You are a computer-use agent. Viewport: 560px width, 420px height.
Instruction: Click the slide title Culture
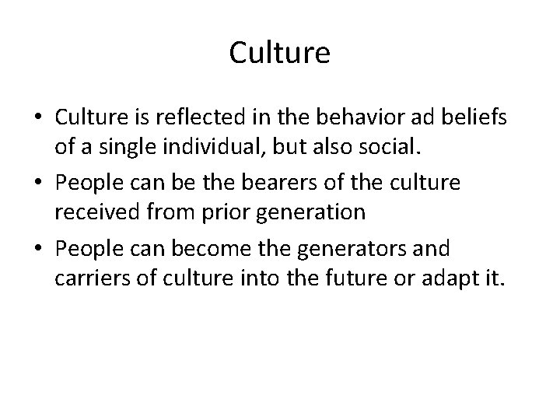(280, 54)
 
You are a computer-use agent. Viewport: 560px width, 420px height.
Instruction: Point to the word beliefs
(476, 119)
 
